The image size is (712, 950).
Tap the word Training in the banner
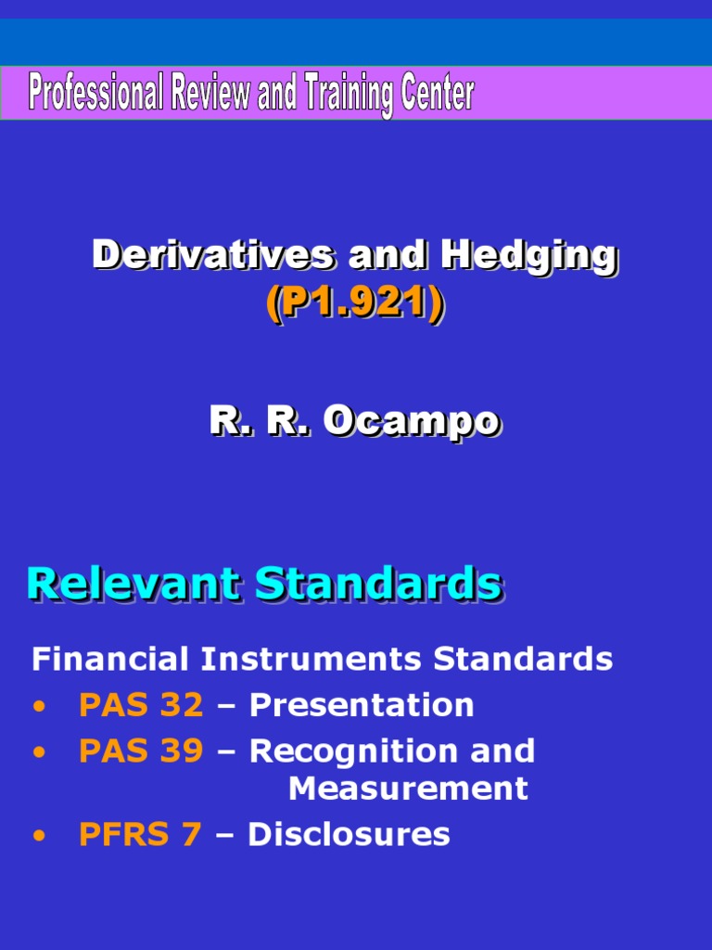(343, 95)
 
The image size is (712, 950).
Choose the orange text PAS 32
(141, 705)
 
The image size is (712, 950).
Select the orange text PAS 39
(141, 751)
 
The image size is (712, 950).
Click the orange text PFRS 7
(140, 834)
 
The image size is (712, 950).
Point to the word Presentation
(362, 705)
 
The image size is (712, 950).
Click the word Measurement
(408, 789)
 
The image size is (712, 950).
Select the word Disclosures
(349, 834)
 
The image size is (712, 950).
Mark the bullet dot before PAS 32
(38, 707)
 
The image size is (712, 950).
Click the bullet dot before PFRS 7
(38, 836)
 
